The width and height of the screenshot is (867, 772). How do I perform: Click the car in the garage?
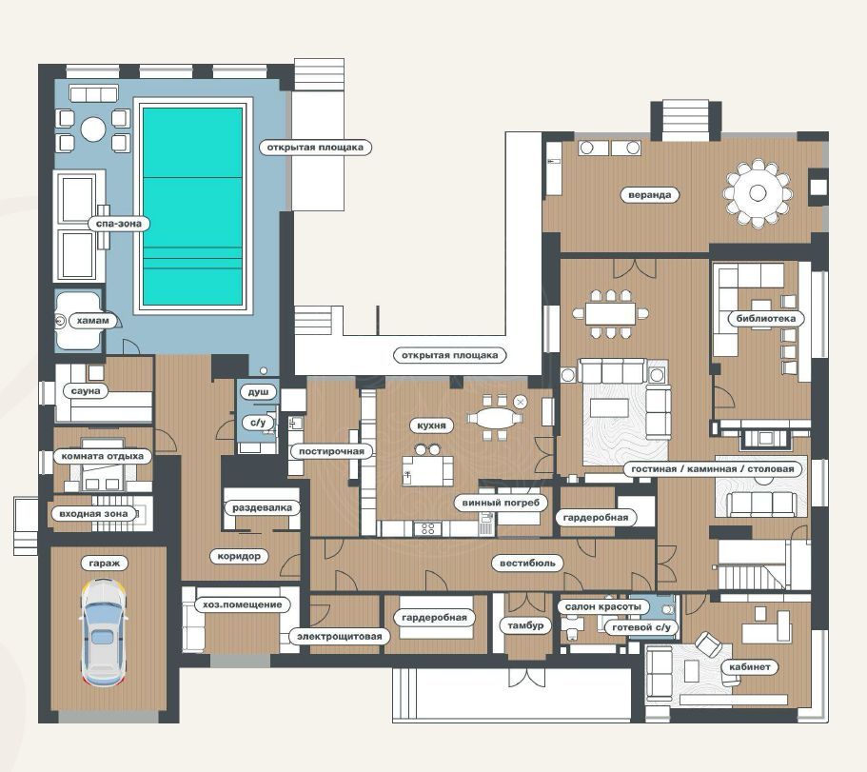click(104, 633)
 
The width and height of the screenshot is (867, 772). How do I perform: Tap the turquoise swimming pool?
click(192, 207)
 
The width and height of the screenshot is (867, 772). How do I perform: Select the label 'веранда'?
click(650, 194)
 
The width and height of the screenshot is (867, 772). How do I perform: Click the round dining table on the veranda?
click(758, 193)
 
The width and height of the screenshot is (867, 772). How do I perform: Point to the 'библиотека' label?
click(766, 318)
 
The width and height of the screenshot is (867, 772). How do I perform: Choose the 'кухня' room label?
click(431, 426)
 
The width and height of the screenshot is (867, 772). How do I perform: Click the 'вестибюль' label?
click(527, 563)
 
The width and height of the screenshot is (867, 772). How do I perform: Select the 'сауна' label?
click(86, 390)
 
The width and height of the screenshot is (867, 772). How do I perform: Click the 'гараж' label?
click(104, 563)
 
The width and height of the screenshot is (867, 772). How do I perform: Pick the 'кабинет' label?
click(749, 666)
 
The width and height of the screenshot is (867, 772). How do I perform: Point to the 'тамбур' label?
click(525, 624)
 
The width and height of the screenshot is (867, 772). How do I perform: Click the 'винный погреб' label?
click(501, 502)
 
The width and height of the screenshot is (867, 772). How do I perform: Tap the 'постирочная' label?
click(331, 450)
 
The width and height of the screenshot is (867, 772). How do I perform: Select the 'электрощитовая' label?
click(340, 636)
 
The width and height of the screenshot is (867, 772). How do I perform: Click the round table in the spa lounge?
click(93, 129)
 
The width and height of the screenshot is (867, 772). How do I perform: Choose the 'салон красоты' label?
click(602, 606)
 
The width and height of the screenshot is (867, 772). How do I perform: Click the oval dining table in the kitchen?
click(496, 418)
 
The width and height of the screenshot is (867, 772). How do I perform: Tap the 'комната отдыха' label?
click(102, 456)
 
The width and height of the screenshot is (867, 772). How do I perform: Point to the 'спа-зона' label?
click(118, 224)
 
